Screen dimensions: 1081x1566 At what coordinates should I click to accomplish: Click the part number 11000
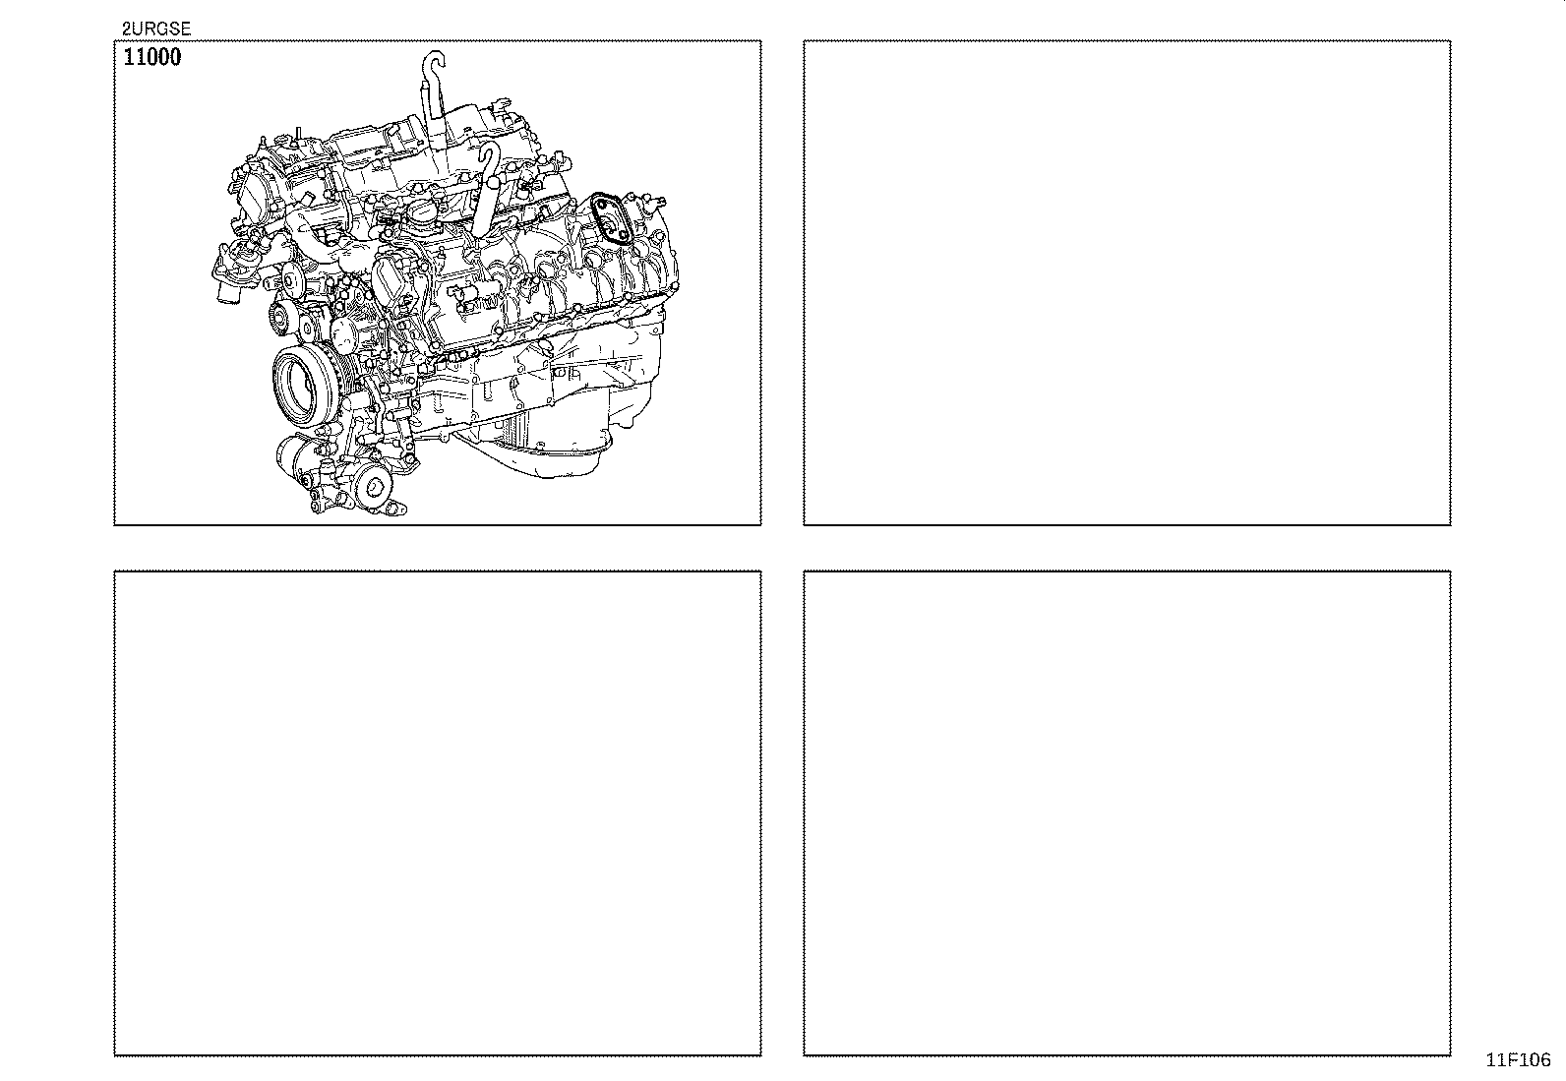pos(151,57)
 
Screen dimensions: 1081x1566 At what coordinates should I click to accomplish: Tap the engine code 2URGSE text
pos(155,30)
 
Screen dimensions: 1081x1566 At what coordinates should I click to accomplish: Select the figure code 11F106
pos(1518,1060)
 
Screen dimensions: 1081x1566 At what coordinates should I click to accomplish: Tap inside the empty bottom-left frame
pos(438,812)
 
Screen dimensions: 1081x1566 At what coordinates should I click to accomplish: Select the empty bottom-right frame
pos(1126,812)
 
